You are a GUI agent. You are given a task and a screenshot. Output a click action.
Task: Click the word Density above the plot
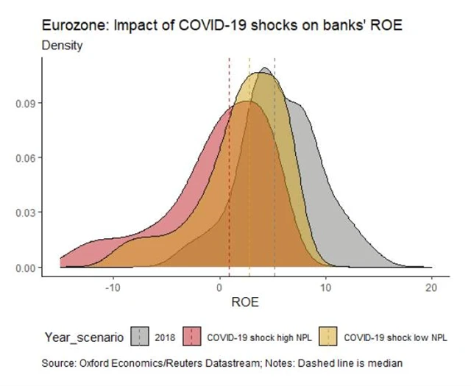(62, 45)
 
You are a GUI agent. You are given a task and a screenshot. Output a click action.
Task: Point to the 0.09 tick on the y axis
(24, 103)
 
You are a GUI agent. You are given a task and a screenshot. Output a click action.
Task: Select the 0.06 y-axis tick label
(24, 158)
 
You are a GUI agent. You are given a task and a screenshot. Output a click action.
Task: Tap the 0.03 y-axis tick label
(24, 212)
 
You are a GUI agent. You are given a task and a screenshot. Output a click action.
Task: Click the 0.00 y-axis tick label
(24, 268)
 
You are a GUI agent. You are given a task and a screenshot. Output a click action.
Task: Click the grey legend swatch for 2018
(140, 337)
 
